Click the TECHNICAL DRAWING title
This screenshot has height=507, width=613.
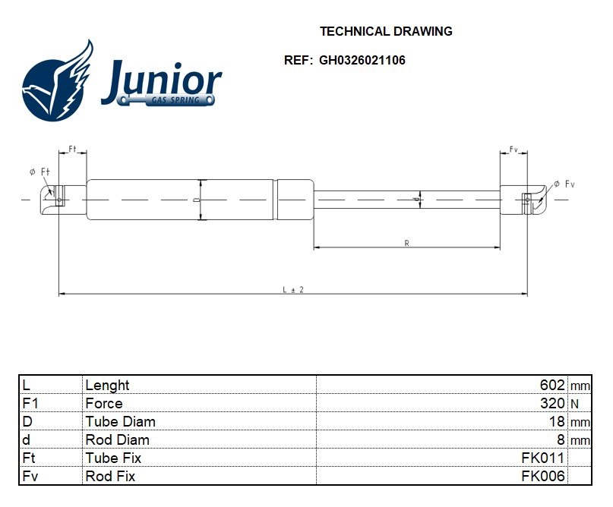click(386, 31)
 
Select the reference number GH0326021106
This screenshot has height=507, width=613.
click(362, 61)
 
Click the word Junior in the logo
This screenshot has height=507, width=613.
click(161, 78)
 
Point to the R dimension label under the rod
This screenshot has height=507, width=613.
click(407, 243)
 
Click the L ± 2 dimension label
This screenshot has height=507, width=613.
click(293, 289)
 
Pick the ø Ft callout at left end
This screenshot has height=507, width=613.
click(40, 172)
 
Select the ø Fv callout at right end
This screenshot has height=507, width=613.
click(564, 184)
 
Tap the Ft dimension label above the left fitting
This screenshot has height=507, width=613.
click(73, 149)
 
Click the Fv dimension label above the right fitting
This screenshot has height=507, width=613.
click(513, 150)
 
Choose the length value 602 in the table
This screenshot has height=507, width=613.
click(551, 385)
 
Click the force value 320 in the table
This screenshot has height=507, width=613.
click(551, 403)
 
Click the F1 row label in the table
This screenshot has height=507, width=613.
click(31, 403)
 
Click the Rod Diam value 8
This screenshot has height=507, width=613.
click(561, 439)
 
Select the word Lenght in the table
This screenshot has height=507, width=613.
click(108, 385)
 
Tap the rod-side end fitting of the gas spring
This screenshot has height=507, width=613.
click(523, 199)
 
